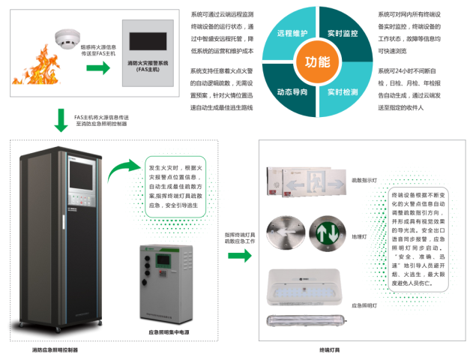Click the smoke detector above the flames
[67, 37]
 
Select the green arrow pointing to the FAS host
[97, 68]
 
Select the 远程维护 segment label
[291, 34]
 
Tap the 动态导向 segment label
[291, 91]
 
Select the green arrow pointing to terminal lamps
[239, 255]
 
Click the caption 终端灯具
[329, 349]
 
